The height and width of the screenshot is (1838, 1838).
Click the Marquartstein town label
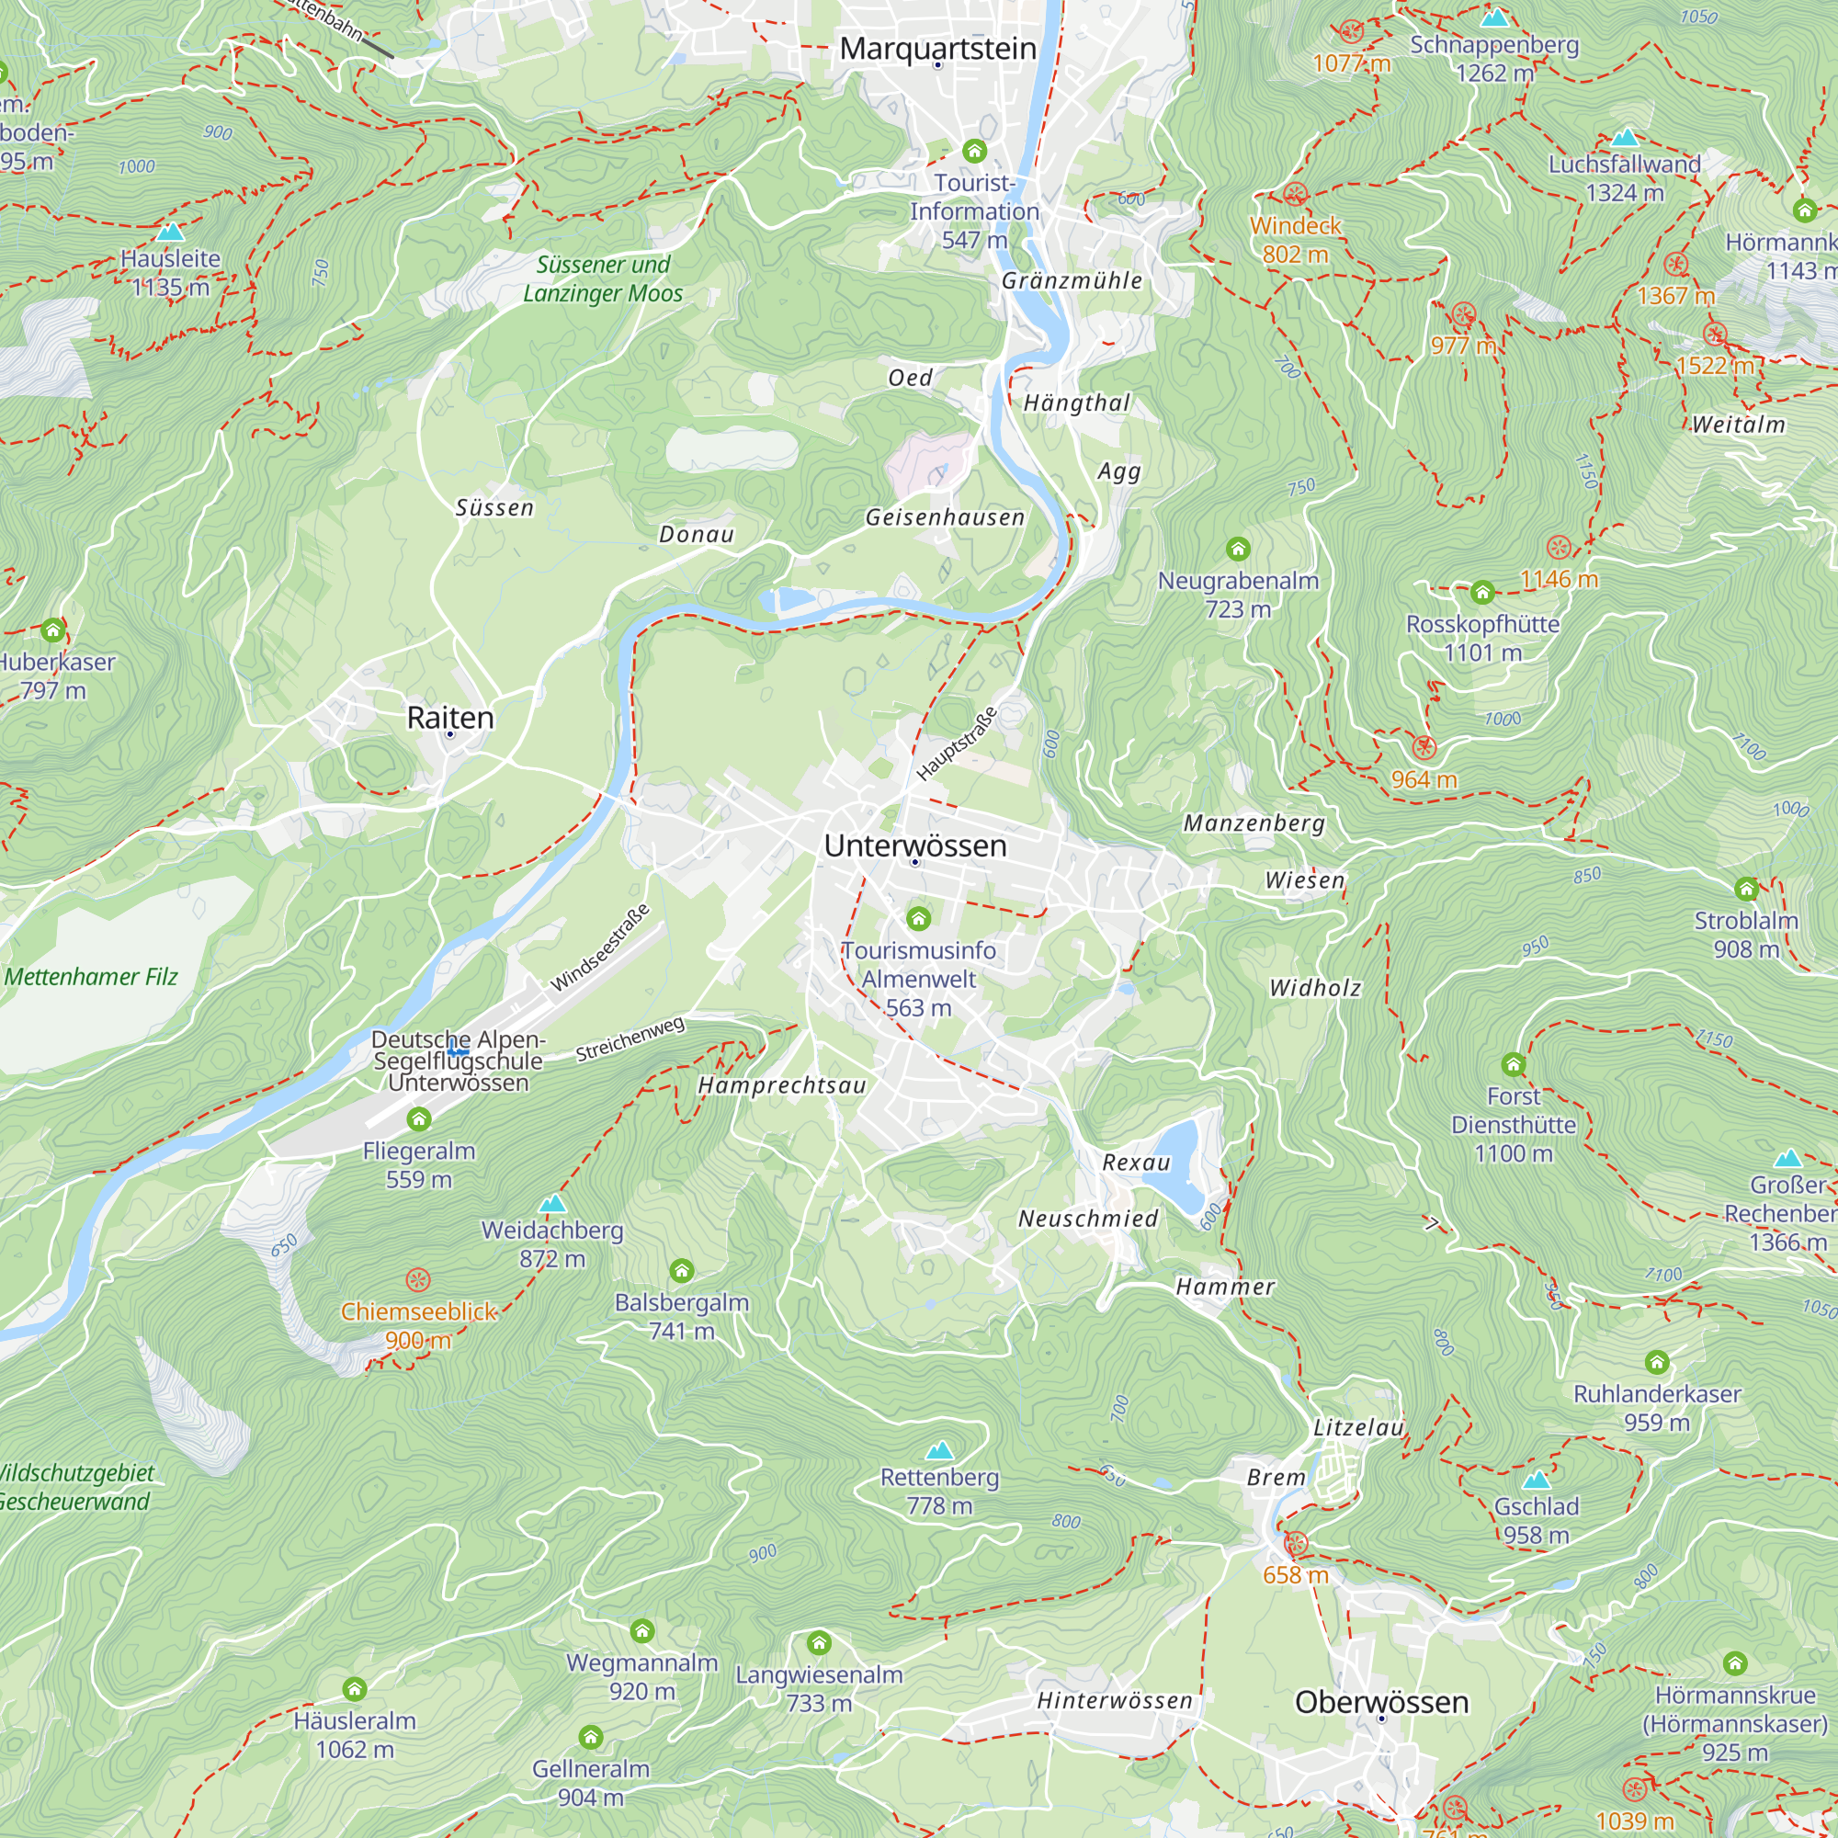[937, 49]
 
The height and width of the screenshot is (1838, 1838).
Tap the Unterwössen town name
[914, 845]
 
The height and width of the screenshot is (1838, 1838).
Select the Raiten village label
[450, 718]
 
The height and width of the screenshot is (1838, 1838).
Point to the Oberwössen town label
[1381, 1702]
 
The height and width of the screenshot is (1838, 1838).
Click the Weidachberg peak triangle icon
[552, 1205]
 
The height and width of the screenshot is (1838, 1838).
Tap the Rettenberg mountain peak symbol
[939, 1451]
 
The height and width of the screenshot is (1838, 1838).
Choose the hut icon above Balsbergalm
[681, 1270]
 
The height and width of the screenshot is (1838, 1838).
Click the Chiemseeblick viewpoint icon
[417, 1279]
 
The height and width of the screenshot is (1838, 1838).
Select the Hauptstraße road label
[956, 744]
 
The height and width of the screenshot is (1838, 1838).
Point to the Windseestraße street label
[600, 947]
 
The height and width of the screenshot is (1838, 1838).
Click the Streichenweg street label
[630, 1038]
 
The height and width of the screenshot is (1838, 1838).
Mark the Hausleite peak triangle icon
[170, 233]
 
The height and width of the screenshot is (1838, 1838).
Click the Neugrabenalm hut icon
[1237, 548]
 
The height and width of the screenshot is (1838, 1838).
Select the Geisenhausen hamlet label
[944, 517]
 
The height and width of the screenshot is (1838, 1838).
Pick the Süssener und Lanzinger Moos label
[602, 278]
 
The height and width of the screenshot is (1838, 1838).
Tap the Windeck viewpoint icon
[1295, 195]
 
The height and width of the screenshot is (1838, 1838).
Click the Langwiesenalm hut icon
[818, 1642]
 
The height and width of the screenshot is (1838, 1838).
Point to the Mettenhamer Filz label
[91, 977]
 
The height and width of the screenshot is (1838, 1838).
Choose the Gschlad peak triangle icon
[1536, 1481]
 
